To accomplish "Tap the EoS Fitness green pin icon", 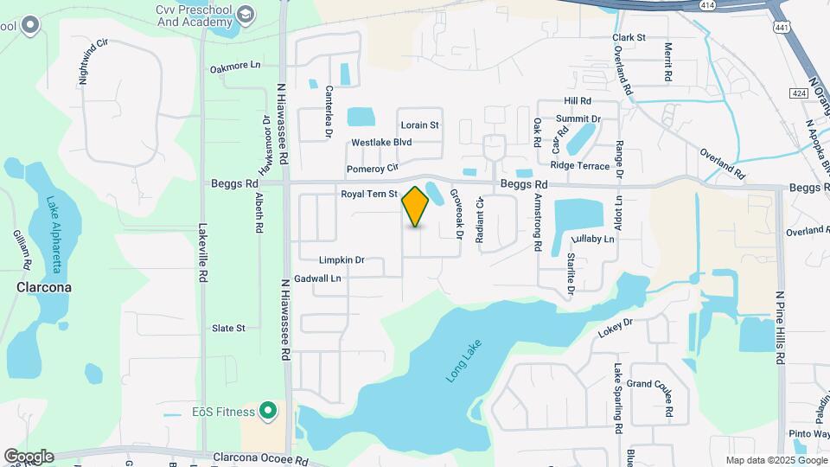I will [268, 411].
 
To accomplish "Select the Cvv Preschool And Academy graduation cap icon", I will [246, 15].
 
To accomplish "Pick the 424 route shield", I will [799, 93].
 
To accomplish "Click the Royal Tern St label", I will [368, 195].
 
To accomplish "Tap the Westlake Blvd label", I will [381, 143].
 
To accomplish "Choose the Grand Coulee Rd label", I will [649, 384].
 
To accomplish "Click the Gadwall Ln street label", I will [318, 278].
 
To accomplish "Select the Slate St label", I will [229, 329].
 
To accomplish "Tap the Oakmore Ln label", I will [234, 66].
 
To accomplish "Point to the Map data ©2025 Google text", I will [776, 460].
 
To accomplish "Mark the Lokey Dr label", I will [616, 328].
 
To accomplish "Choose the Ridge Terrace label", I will [579, 165].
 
